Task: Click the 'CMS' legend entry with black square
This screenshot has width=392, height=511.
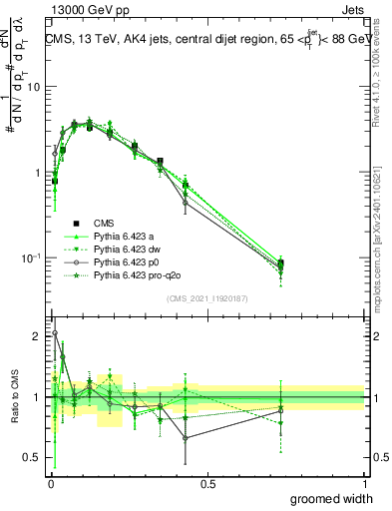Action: (x=105, y=223)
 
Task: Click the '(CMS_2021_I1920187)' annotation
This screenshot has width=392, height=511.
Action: (x=206, y=297)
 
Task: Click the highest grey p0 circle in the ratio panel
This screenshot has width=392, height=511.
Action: (x=54, y=333)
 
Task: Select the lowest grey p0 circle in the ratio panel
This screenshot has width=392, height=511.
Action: (x=187, y=438)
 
